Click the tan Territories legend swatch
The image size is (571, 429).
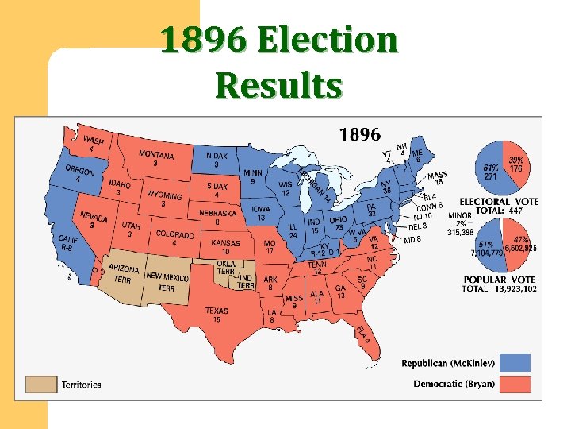(41, 385)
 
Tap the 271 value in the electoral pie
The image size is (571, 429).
(491, 176)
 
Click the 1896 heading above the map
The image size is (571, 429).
(359, 133)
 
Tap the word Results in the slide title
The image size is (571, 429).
(278, 85)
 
